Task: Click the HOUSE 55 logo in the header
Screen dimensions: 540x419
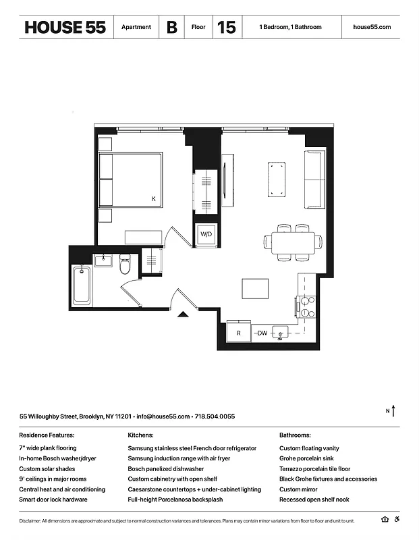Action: point(65,28)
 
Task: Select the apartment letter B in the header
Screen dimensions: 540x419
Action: point(171,28)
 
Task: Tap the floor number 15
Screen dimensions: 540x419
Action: point(227,28)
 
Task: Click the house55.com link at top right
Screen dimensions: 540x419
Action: point(372,28)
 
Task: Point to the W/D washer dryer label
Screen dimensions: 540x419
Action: point(206,234)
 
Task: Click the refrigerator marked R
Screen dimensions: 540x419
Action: point(238,333)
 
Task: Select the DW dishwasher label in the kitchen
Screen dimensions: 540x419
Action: point(262,333)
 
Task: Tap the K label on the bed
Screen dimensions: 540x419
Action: point(153,198)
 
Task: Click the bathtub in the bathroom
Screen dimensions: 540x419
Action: point(81,286)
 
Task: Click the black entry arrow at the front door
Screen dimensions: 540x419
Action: point(182,313)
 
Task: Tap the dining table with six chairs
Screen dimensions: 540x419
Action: point(294,242)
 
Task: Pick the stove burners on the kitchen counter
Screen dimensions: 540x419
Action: point(306,307)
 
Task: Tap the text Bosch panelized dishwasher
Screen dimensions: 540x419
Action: point(165,468)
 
